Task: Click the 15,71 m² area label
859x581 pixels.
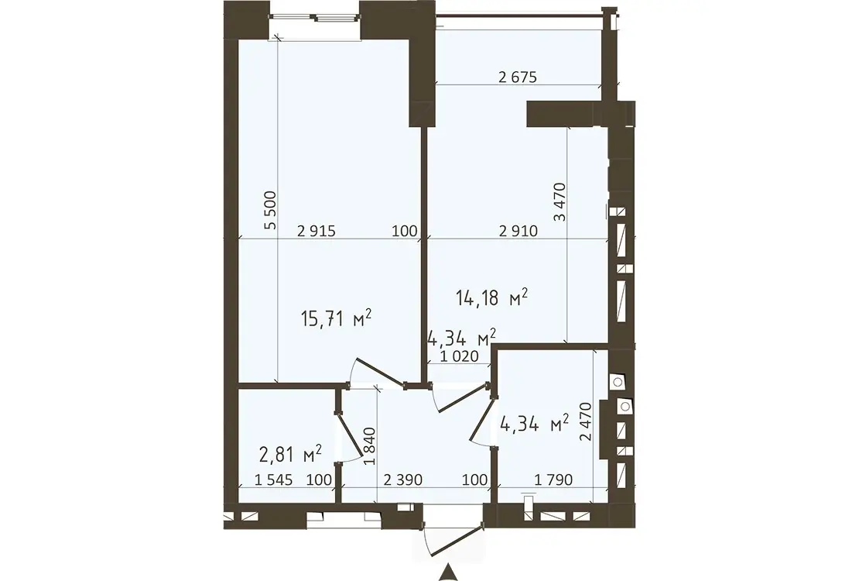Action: coord(337,318)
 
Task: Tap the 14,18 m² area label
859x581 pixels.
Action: coord(491,297)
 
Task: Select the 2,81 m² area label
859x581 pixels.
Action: coord(290,454)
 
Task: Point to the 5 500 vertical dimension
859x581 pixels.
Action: coord(270,210)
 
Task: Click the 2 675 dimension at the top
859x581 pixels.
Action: coord(518,77)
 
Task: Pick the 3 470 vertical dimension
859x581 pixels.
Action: coord(560,202)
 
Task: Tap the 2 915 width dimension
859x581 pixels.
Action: coord(316,231)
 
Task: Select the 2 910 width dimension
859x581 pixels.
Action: coord(518,231)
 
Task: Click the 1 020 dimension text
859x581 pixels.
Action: coord(459,356)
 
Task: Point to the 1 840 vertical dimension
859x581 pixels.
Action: coord(371,446)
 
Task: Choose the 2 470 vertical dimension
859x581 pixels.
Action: coord(586,421)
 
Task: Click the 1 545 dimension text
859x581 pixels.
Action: coord(274,480)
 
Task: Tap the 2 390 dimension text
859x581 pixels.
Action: coord(402,480)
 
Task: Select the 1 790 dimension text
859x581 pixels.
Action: coord(553,480)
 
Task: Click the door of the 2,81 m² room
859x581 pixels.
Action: coord(350,433)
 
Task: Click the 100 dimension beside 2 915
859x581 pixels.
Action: coord(405,231)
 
